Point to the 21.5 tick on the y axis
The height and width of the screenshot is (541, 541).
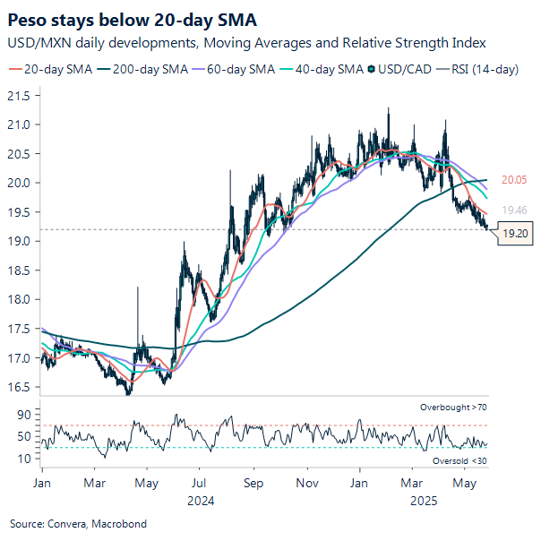tap(19, 95)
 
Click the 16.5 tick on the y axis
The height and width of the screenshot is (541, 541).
tap(19, 387)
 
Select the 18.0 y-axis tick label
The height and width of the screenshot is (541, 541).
tap(19, 299)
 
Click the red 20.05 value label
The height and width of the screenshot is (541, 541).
tap(513, 179)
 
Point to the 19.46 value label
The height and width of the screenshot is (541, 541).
tap(513, 210)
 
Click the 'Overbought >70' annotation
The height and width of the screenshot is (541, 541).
tap(454, 408)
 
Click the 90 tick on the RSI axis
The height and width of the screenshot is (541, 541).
tap(24, 416)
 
